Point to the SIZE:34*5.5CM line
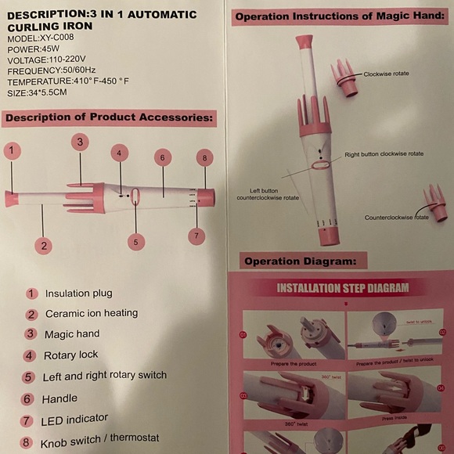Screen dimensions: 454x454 [38, 92]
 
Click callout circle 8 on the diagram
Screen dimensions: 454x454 [204, 158]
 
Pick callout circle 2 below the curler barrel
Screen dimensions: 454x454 [45, 246]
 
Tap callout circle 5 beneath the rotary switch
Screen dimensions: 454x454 [136, 242]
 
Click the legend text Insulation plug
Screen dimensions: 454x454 [78, 294]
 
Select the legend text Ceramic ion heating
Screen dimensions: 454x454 [91, 313]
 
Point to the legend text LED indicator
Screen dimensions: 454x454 [76, 420]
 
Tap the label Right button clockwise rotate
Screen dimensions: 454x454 [384, 154]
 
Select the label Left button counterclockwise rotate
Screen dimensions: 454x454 [268, 194]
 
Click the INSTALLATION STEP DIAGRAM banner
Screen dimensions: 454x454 [343, 288]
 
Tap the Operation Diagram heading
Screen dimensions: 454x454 [300, 261]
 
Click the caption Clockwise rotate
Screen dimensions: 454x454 [386, 74]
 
